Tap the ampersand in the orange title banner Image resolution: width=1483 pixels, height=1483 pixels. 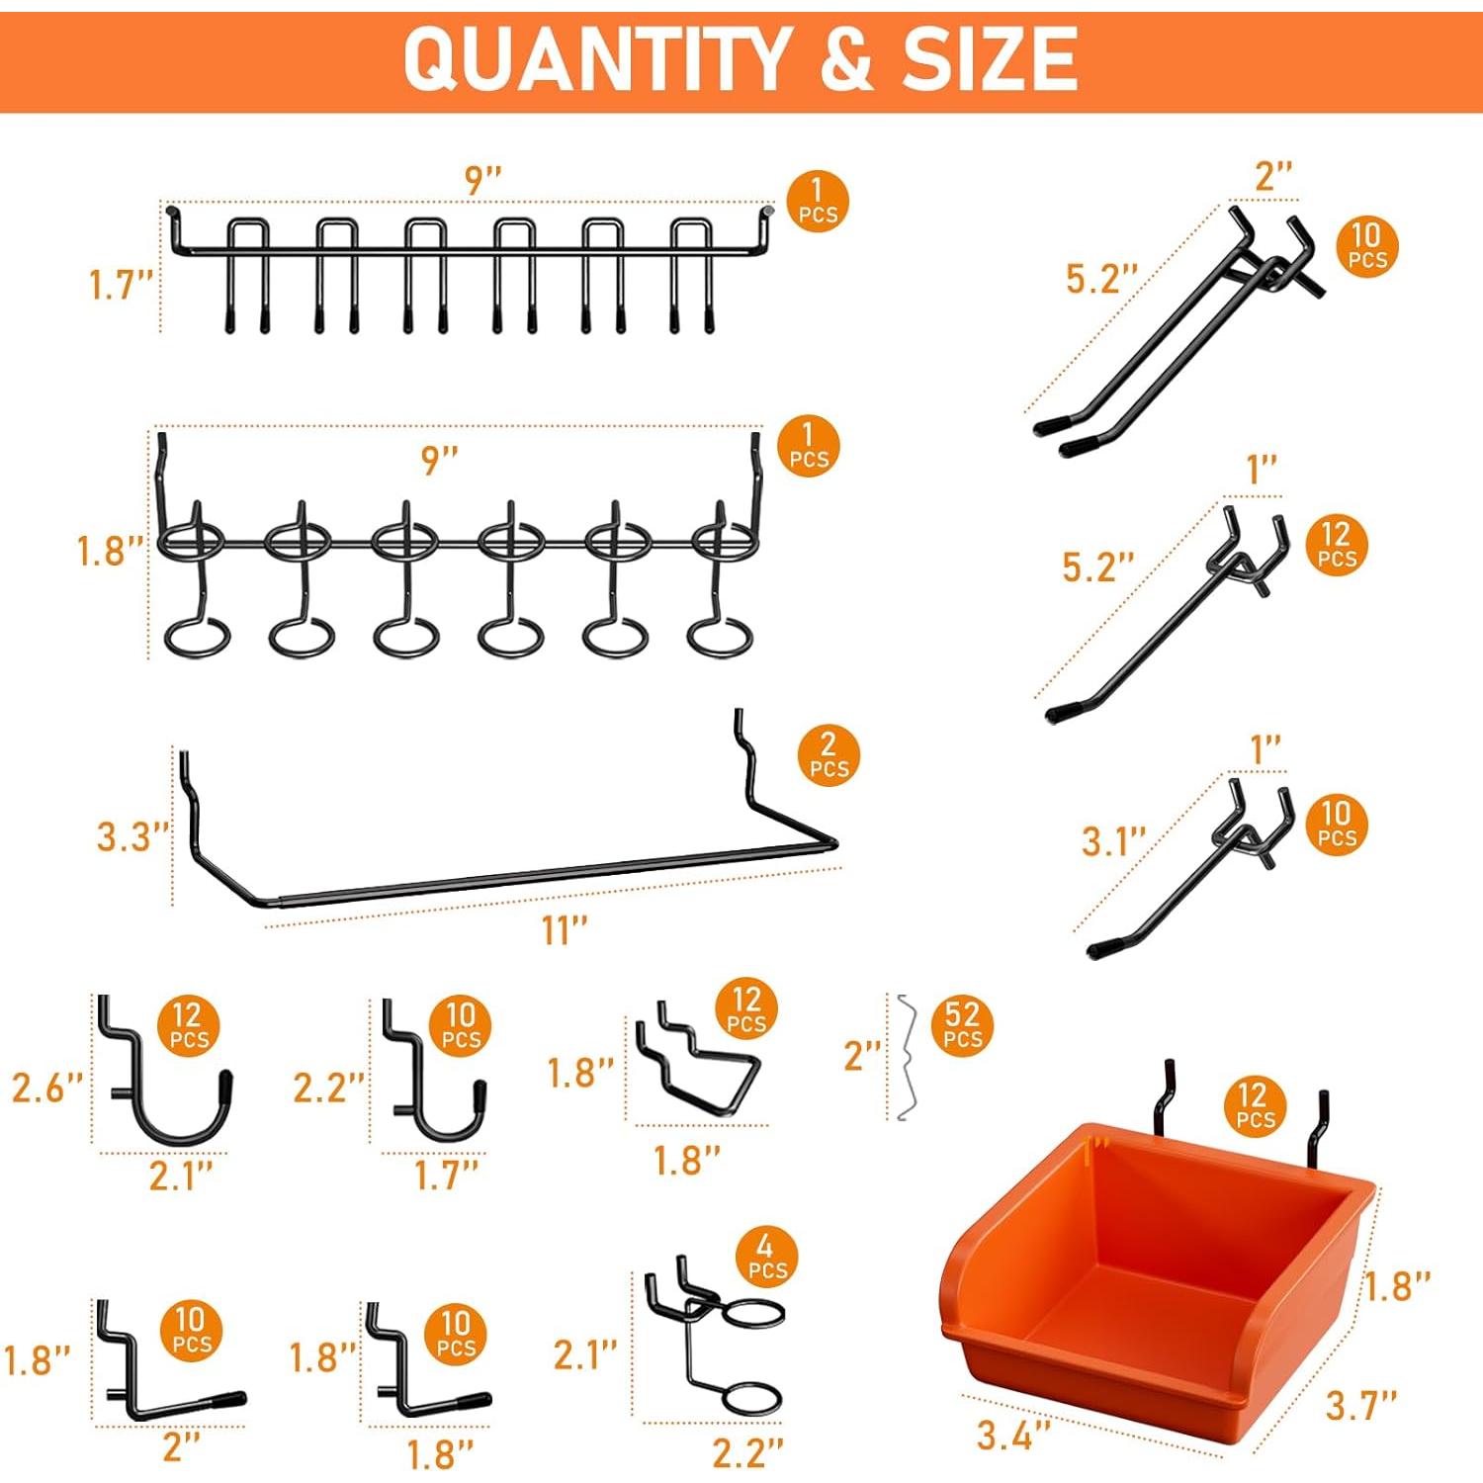click(x=845, y=59)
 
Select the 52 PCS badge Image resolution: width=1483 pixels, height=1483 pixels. click(x=962, y=1025)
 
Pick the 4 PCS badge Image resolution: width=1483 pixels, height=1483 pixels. click(x=766, y=1257)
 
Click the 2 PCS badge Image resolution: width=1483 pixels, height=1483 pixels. click(x=829, y=755)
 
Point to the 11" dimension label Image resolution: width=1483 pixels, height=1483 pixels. click(x=565, y=930)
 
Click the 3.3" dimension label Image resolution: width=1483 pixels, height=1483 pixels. click(x=132, y=836)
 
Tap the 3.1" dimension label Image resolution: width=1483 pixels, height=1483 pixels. click(x=1112, y=841)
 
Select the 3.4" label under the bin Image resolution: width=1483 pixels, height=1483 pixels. click(x=1013, y=1435)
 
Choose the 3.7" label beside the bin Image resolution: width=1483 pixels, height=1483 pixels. click(x=1360, y=1404)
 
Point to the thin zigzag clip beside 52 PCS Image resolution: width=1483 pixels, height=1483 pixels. click(x=904, y=1058)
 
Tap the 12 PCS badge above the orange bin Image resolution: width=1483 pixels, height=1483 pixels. click(x=1255, y=1105)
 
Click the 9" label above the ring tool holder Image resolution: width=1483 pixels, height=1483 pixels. click(x=440, y=460)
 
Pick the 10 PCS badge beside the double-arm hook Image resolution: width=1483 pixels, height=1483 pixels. click(x=1367, y=246)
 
